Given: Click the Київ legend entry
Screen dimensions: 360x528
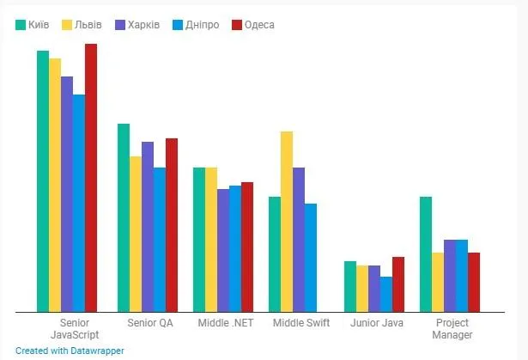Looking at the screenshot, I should [x=33, y=24].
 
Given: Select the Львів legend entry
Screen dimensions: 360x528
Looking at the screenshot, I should [x=83, y=24].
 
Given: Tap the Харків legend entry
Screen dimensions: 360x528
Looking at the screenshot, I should [x=137, y=24].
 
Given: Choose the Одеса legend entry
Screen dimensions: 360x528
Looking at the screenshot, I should [x=252, y=24].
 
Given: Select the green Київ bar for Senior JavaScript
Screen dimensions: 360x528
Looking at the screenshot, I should [x=43, y=180].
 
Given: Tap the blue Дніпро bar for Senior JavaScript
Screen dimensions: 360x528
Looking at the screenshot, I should [x=79, y=203].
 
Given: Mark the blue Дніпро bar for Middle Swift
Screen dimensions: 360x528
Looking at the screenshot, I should [x=311, y=257].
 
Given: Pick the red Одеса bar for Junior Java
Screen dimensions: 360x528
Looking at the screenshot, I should [x=398, y=284].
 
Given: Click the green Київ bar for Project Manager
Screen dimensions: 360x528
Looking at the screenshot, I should [x=426, y=253].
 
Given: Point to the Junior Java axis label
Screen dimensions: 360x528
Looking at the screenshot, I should [x=377, y=323].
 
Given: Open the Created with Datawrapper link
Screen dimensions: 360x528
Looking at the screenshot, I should [x=70, y=351].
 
